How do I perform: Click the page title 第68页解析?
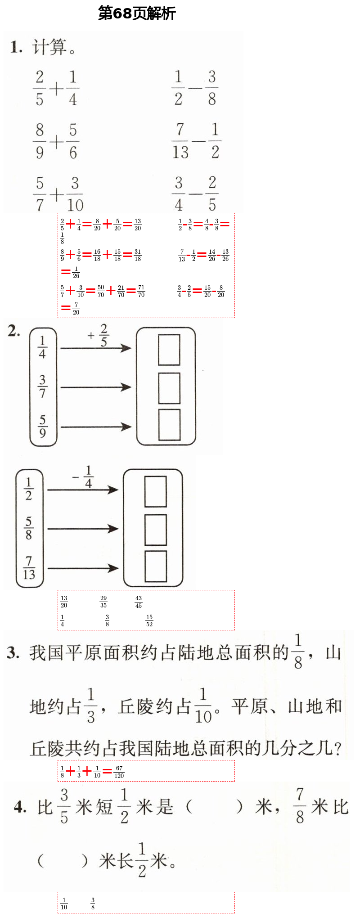click(x=137, y=13)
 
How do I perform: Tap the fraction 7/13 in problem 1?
click(x=180, y=141)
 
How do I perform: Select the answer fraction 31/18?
click(x=138, y=255)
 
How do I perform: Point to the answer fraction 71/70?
click(x=141, y=291)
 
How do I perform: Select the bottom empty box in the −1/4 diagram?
click(x=156, y=566)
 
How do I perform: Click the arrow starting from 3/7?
click(x=95, y=387)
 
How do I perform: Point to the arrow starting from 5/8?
click(x=82, y=529)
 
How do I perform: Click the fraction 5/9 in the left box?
click(x=42, y=426)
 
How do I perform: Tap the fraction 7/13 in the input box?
click(x=29, y=567)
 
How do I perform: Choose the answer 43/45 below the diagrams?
click(x=139, y=602)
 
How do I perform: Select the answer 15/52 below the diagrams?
click(x=149, y=620)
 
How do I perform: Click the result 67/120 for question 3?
click(x=119, y=772)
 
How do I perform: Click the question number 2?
click(x=13, y=331)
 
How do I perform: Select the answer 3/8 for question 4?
click(x=93, y=904)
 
